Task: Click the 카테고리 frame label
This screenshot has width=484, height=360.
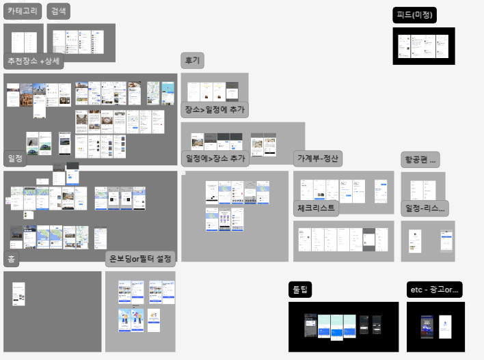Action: (23, 11)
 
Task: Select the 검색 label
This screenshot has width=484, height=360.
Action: (59, 11)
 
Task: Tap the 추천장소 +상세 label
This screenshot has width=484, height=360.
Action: (33, 61)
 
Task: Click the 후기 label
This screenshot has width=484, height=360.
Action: (192, 60)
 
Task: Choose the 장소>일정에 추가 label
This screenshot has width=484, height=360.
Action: (215, 109)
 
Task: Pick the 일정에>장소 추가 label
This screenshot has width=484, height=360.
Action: (215, 158)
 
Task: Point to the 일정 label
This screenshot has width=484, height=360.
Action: (15, 158)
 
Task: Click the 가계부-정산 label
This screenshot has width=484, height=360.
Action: (318, 158)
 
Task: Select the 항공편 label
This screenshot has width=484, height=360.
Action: (420, 159)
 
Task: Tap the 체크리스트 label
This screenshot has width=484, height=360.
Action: (317, 208)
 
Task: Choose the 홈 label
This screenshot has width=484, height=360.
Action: (12, 260)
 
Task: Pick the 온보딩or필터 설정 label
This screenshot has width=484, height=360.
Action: (142, 260)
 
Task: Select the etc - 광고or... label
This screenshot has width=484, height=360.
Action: (435, 290)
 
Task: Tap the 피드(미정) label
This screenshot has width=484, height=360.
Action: (415, 15)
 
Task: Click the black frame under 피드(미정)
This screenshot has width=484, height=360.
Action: (424, 46)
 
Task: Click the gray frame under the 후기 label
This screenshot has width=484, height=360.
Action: (214, 87)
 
